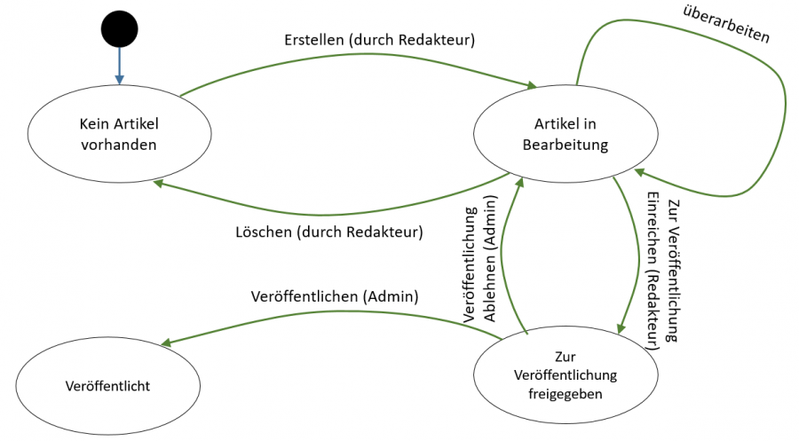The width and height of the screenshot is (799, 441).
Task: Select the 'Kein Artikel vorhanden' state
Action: (119, 134)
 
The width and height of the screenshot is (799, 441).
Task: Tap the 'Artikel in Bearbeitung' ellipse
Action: (566, 134)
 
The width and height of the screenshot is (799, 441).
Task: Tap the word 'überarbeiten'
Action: (726, 24)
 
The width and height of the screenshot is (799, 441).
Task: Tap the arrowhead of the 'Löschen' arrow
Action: (157, 183)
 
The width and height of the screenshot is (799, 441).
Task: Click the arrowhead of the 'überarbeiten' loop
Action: (637, 174)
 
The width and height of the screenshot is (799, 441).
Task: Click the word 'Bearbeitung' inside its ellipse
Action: (566, 145)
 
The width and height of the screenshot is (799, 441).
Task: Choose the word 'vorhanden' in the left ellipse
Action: (119, 145)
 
